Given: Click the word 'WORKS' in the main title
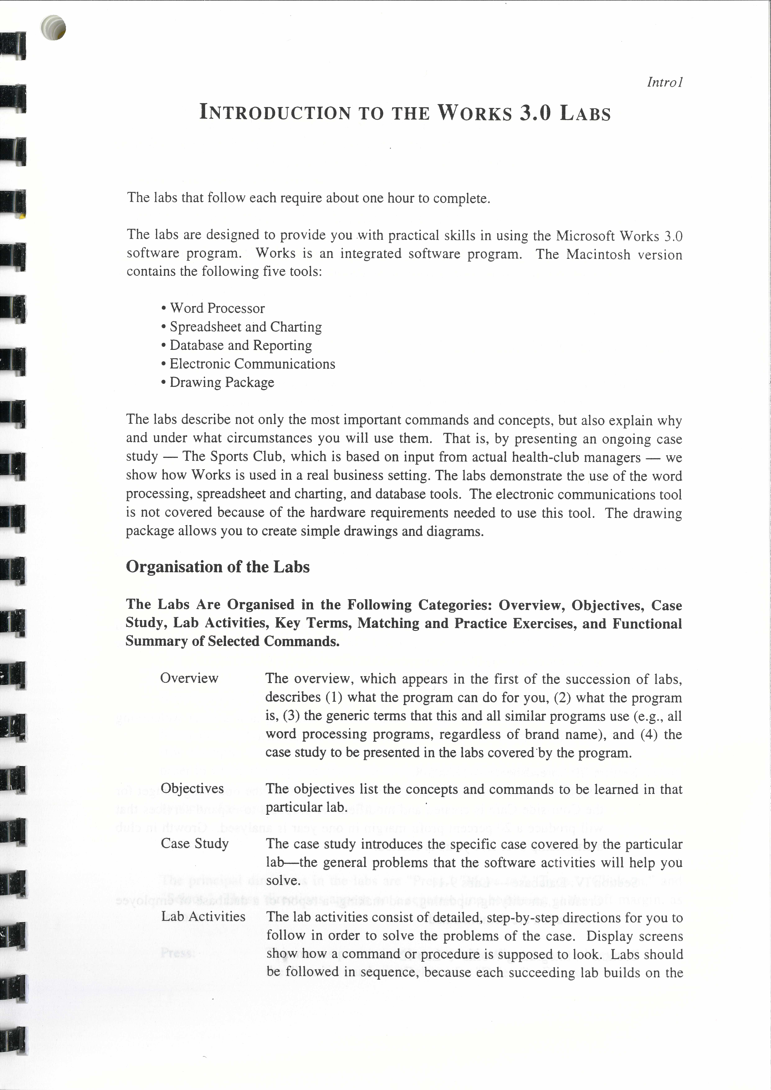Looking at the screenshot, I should coord(474,113).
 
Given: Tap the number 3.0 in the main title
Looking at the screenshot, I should coord(536,113).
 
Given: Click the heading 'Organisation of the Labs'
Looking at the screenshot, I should coord(217,567).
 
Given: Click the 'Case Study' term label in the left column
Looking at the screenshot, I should coord(195,844).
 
